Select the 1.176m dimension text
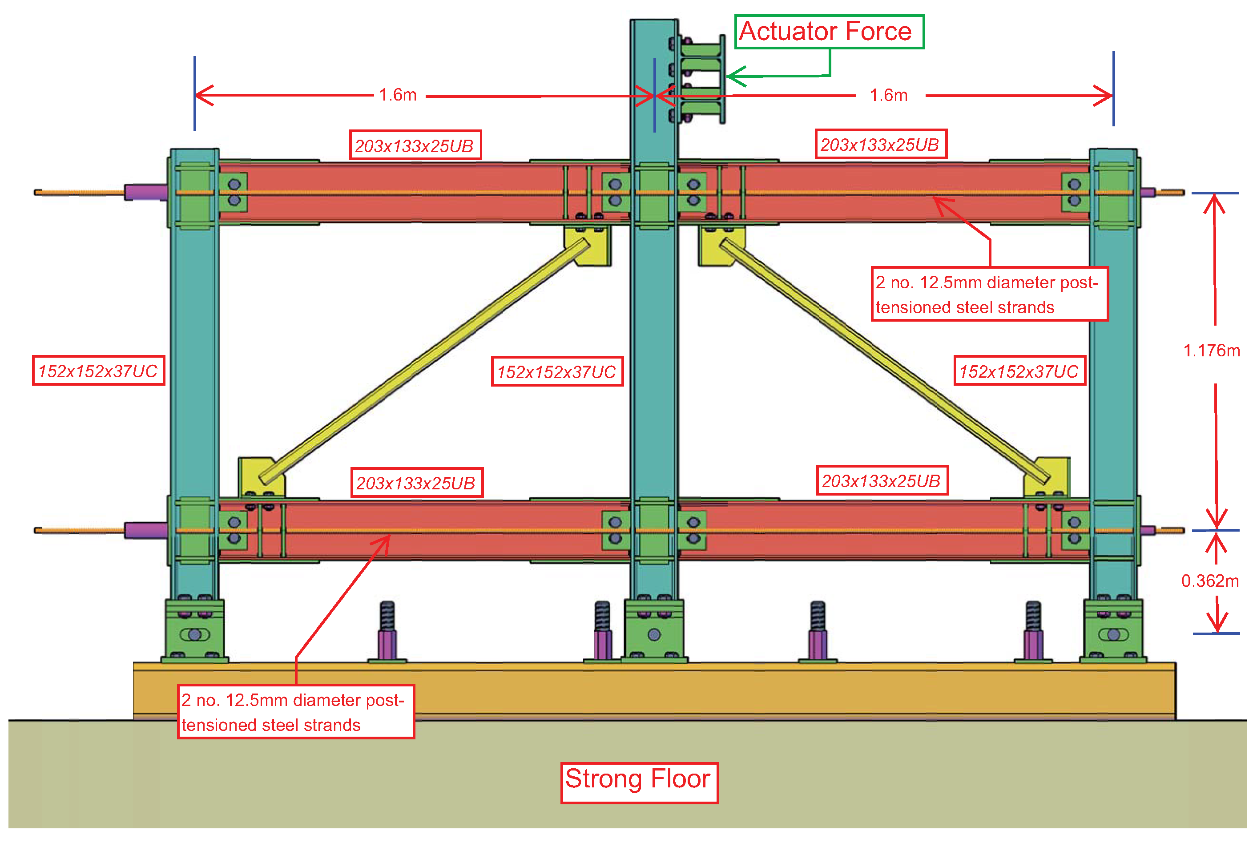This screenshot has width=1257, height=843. click(x=1211, y=351)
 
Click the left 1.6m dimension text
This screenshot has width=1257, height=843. click(x=398, y=95)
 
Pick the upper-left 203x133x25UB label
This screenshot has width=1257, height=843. click(x=415, y=145)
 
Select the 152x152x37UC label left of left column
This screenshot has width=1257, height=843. click(x=98, y=371)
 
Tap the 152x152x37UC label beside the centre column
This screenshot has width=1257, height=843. click(x=557, y=371)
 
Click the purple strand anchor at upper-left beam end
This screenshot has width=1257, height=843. click(x=145, y=192)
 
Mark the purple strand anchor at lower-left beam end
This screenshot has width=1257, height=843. click(x=145, y=530)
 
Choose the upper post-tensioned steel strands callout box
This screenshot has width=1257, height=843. click(x=989, y=294)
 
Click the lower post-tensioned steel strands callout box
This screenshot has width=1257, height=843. click(x=296, y=711)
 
